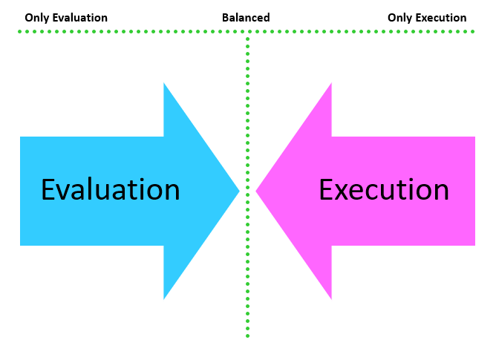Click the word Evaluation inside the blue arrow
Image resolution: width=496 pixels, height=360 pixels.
pos(110,190)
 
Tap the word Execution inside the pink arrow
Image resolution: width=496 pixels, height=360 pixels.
pos(383,190)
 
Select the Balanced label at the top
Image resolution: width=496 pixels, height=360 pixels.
pos(246,18)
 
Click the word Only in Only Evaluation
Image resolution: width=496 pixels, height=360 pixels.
pos(36,18)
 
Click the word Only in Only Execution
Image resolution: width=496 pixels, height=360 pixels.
pos(399,18)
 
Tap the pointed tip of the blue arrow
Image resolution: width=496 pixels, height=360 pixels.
pos(238,191)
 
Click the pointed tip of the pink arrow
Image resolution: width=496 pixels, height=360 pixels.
pos(257,191)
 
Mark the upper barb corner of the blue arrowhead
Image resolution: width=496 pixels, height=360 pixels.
pos(164,84)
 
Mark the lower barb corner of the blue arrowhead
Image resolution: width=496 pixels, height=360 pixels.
pos(164,298)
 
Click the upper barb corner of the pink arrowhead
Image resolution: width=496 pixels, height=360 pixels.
pos(331,84)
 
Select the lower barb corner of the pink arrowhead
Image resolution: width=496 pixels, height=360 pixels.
pos(331,298)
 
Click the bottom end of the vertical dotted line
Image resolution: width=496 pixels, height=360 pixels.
pos(247,336)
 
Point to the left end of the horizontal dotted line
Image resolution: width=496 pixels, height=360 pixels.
pos(20,31)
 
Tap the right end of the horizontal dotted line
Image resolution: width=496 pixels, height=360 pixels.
pos(473,31)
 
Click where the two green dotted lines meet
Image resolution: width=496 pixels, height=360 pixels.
pos(247,32)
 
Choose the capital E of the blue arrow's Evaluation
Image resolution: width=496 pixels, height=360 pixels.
pos(48,190)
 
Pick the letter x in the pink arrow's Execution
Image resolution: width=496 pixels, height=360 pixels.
pos(340,192)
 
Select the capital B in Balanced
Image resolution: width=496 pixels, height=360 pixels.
pos(226,18)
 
